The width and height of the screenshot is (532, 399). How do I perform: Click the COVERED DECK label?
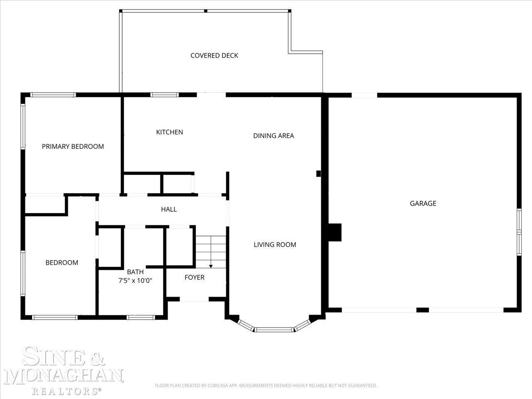pyautogui.click(x=214, y=55)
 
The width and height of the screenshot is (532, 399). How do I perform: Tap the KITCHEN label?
pyautogui.click(x=170, y=132)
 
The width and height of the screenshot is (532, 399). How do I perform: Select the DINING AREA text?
pyautogui.click(x=273, y=135)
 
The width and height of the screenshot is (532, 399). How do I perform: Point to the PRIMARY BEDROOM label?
pyautogui.click(x=73, y=146)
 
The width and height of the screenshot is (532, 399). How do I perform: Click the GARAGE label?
pyautogui.click(x=423, y=203)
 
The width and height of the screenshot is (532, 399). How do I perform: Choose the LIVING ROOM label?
pyautogui.click(x=275, y=245)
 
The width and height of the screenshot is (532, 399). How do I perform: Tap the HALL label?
pyautogui.click(x=169, y=209)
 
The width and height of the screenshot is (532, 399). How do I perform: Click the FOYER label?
pyautogui.click(x=195, y=277)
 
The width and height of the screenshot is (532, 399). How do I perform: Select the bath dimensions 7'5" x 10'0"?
pyautogui.click(x=135, y=281)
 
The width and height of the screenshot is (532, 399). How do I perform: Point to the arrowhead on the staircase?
pyautogui.click(x=211, y=266)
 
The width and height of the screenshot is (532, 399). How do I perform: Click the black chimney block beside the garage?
pyautogui.click(x=335, y=232)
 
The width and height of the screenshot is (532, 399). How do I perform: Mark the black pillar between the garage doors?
pyautogui.click(x=422, y=310)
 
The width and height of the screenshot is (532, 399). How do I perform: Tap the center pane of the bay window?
pyautogui.click(x=274, y=330)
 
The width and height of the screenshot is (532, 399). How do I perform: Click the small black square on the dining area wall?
pyautogui.click(x=318, y=173)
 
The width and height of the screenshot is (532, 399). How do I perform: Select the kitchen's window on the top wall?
pyautogui.click(x=165, y=95)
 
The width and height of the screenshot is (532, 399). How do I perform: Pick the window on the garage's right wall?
pyautogui.click(x=519, y=232)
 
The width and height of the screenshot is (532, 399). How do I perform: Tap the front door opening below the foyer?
pyautogui.click(x=194, y=299)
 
